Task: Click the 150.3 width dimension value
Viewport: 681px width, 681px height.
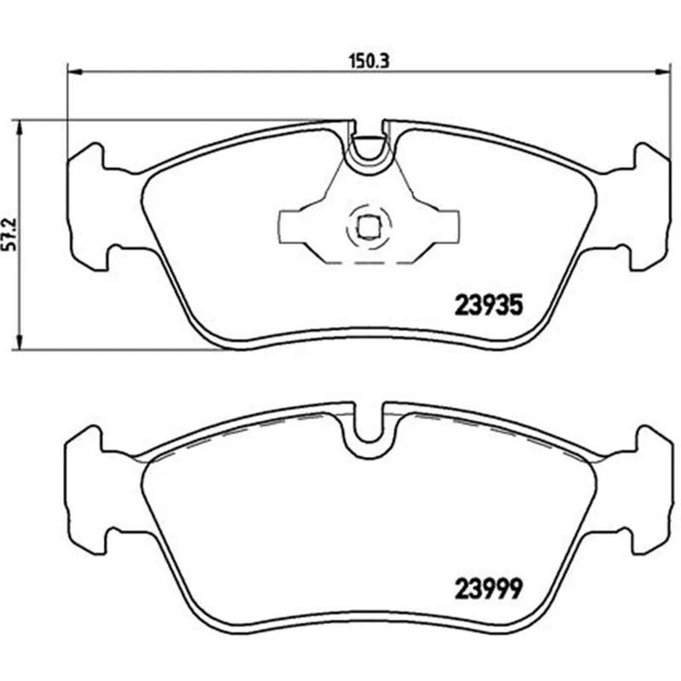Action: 369,61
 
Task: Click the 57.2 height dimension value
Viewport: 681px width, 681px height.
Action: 9,234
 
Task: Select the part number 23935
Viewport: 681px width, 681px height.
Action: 489,305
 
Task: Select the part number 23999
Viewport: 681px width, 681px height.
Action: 489,589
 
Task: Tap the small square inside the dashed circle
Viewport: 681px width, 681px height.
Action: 369,226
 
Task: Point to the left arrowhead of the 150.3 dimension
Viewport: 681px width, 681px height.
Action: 75,71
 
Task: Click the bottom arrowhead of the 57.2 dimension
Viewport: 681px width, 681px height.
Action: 18,341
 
